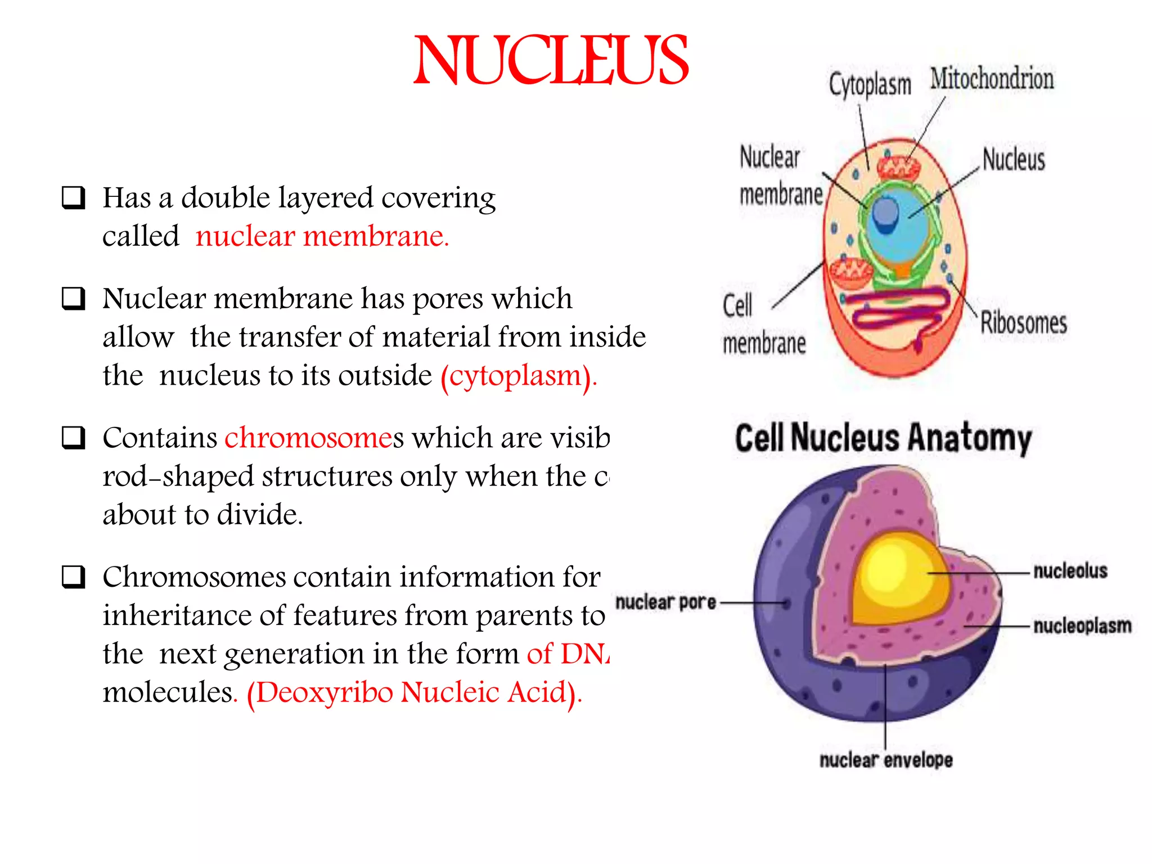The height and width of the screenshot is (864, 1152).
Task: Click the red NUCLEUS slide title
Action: click(551, 61)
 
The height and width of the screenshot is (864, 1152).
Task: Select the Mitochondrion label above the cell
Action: click(992, 79)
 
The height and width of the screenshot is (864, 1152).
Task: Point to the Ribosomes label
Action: click(1023, 323)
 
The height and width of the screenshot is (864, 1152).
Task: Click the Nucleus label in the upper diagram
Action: click(1014, 159)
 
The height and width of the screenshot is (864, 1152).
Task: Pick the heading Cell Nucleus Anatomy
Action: click(883, 438)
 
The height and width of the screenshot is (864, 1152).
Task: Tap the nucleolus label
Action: click(1070, 571)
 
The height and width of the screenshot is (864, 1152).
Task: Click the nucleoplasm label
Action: click(1082, 625)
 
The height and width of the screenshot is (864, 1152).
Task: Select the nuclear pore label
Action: click(665, 602)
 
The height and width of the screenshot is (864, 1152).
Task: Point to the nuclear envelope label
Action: click(886, 760)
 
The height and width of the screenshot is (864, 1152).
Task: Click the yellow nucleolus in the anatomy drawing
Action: click(897, 579)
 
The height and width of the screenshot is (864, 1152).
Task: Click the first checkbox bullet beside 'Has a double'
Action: click(74, 198)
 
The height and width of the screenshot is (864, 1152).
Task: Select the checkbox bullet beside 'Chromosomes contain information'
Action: click(74, 577)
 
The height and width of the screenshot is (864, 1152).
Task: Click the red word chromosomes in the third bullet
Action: click(309, 438)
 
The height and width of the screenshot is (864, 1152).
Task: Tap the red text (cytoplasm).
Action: click(518, 376)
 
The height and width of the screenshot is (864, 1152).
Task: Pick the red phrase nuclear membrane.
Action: click(322, 236)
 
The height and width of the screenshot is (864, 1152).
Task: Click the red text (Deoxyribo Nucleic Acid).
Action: click(414, 692)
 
